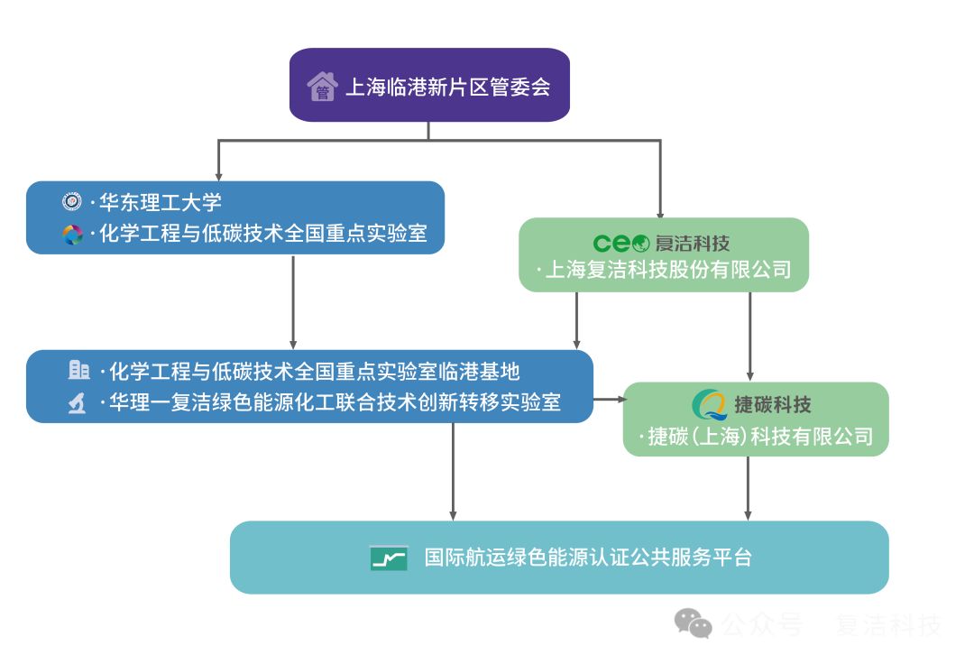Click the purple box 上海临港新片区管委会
click(429, 86)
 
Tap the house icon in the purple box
click(322, 88)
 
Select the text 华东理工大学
click(161, 203)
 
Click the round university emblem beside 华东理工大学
click(71, 202)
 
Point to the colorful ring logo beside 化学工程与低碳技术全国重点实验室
click(72, 235)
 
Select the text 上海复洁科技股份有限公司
click(667, 270)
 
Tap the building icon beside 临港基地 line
click(79, 370)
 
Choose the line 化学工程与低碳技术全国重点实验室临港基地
click(314, 371)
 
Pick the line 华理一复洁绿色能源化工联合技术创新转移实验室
click(335, 402)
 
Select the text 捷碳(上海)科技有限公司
click(760, 437)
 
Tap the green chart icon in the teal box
click(389, 558)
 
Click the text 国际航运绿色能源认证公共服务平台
click(588, 558)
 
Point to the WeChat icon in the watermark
click(694, 623)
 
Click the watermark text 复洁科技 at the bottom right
click(888, 624)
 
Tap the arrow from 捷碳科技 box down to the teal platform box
click(748, 487)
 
